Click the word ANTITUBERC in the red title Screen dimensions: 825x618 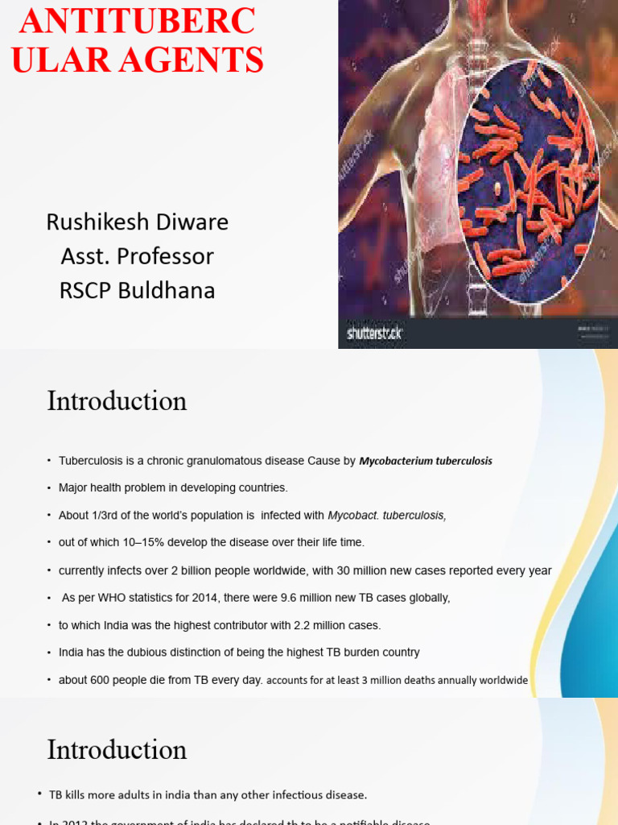tap(137, 22)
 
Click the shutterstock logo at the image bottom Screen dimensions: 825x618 tap(374, 332)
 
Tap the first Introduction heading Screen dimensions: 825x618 tap(117, 401)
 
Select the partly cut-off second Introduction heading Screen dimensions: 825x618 tap(117, 750)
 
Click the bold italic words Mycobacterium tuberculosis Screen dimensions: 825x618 tap(426, 461)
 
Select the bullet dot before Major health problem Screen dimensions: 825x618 tap(49, 487)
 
